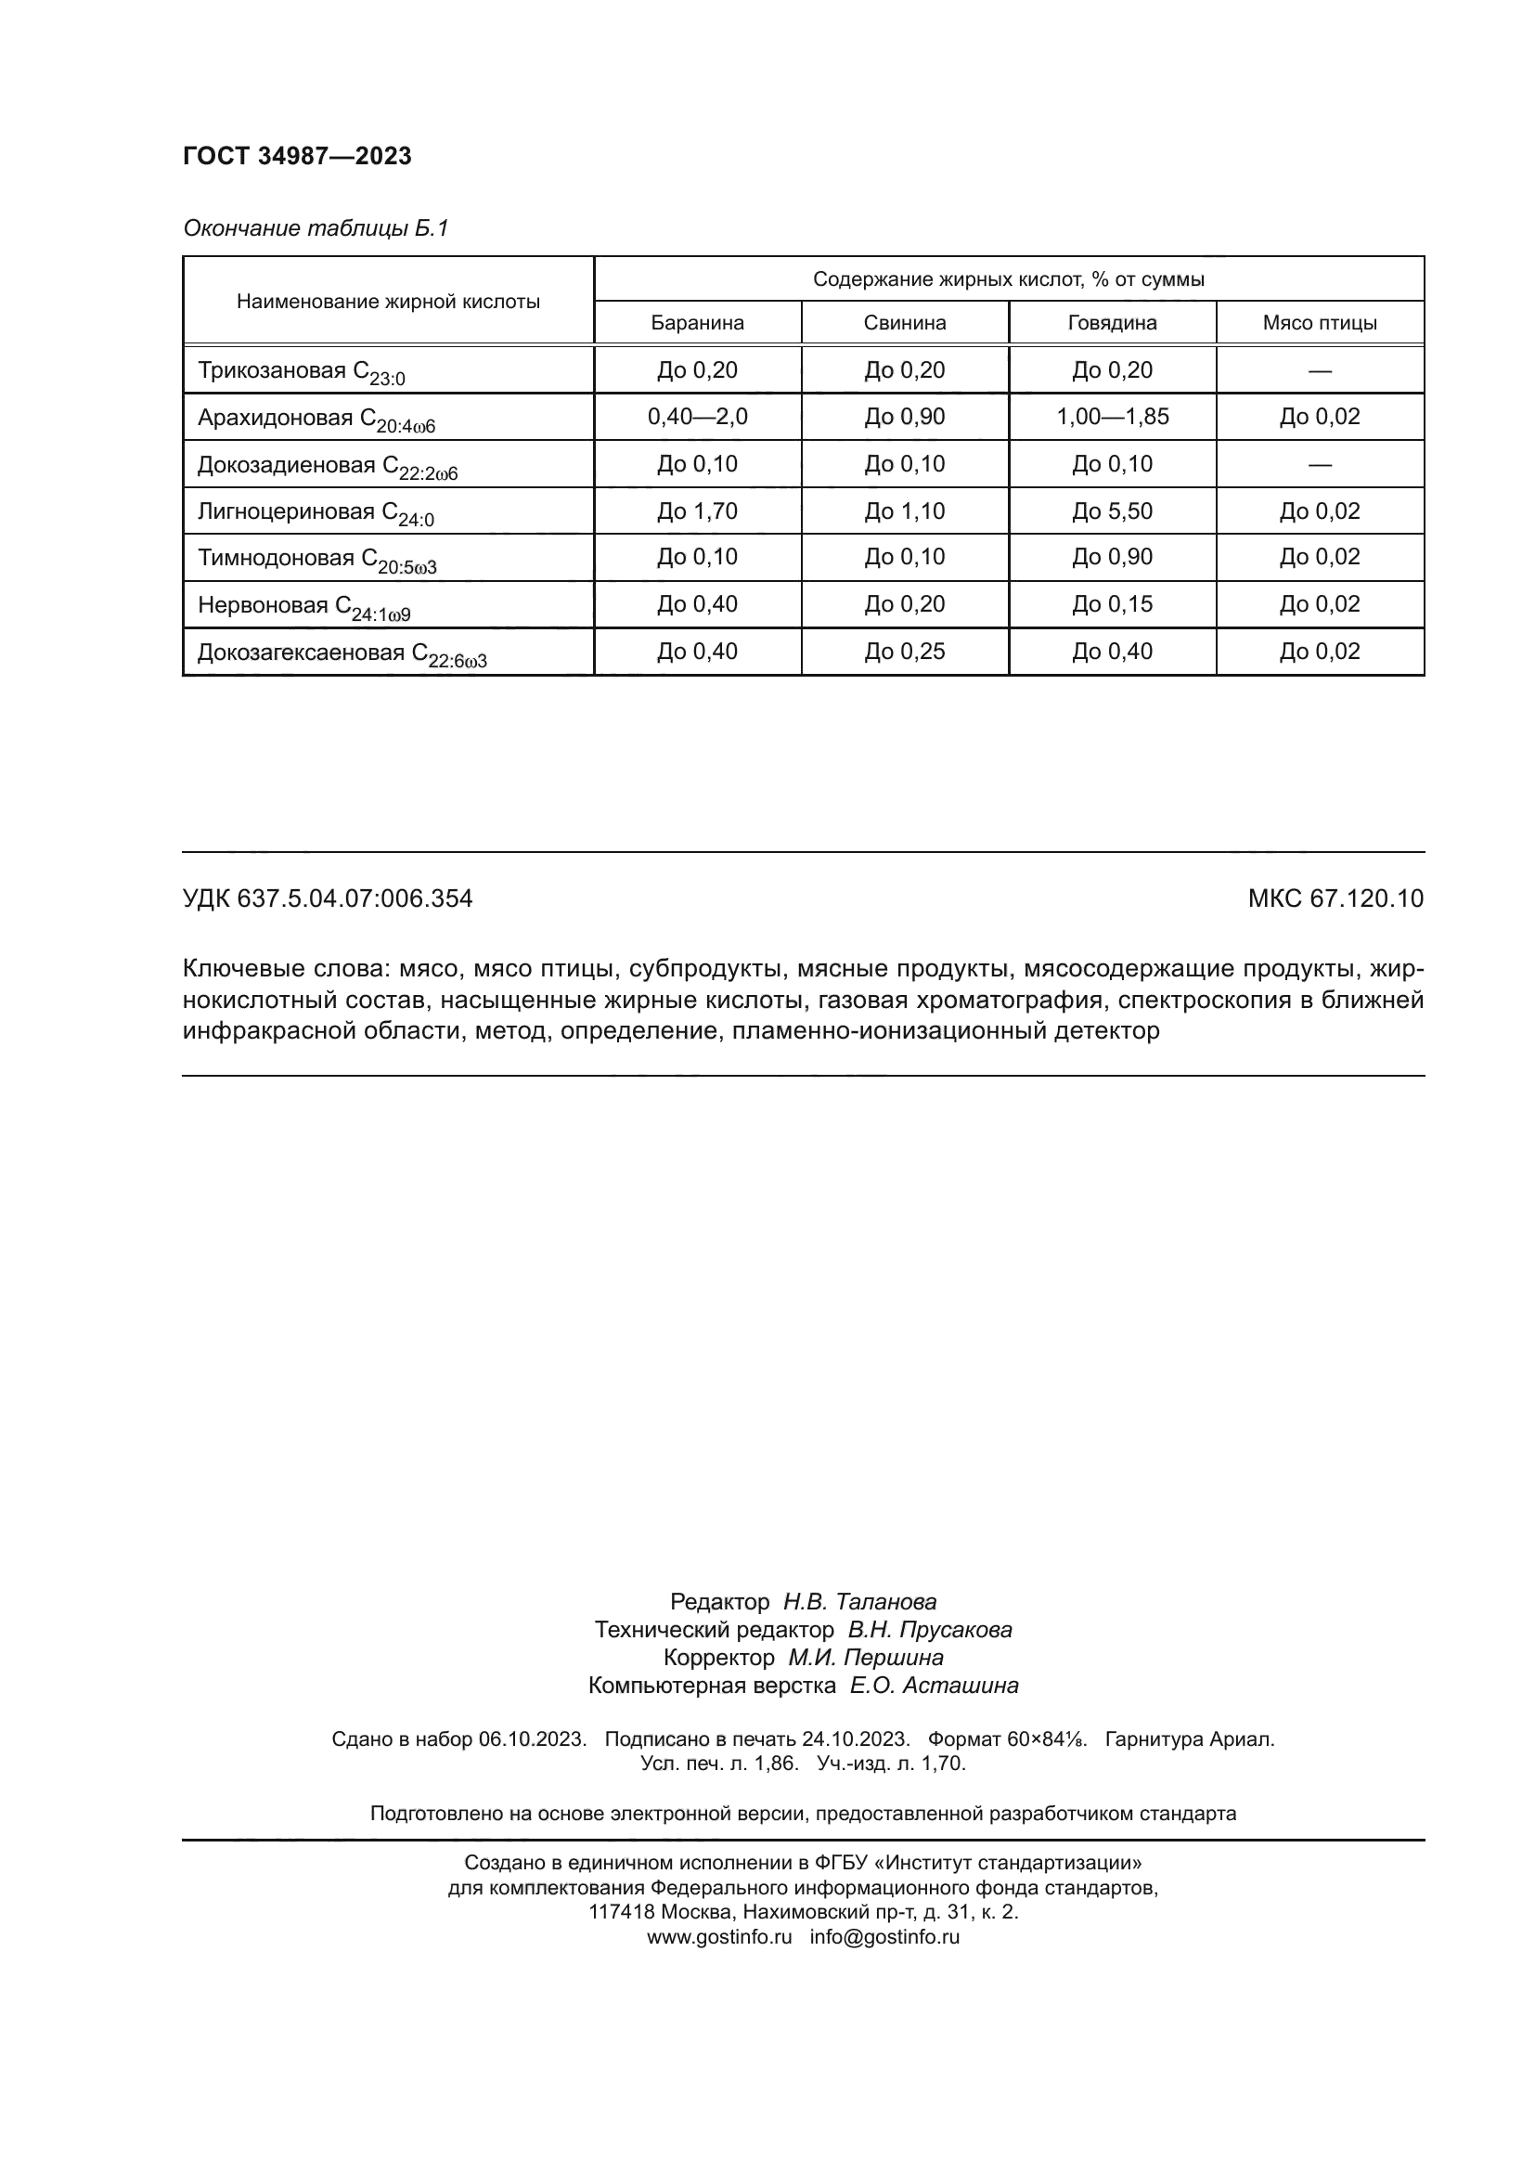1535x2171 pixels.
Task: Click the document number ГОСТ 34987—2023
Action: (297, 157)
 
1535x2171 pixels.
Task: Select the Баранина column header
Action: (697, 323)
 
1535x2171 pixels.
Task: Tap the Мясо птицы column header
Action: (1319, 323)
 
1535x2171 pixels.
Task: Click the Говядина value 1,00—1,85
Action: (1112, 417)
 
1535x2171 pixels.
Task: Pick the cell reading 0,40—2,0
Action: (697, 417)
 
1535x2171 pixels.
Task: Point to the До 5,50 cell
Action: (1112, 511)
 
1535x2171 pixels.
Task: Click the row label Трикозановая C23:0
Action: (301, 371)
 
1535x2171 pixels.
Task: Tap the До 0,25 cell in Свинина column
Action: (904, 652)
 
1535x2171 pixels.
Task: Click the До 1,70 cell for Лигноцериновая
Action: (697, 511)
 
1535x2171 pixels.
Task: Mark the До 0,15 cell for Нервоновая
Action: (1112, 604)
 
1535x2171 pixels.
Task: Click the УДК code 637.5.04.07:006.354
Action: (355, 898)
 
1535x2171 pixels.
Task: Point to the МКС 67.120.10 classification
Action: (1335, 898)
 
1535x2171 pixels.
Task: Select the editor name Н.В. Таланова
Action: (859, 1602)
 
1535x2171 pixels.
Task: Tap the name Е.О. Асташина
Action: (933, 1685)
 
